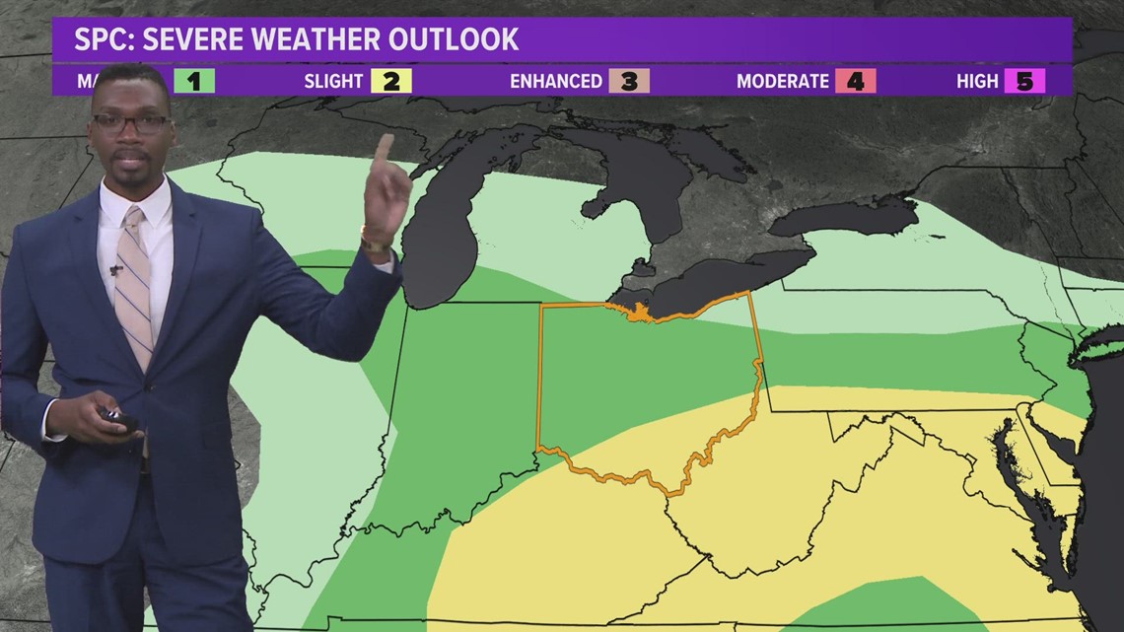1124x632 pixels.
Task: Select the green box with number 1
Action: [194, 81]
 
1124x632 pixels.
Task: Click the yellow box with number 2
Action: [390, 81]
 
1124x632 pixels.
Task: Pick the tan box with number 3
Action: [629, 81]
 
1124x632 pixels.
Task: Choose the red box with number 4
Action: [855, 81]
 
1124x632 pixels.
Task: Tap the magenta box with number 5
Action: [1024, 81]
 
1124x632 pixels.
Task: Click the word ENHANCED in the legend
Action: [555, 81]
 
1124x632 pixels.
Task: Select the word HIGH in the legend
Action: [977, 81]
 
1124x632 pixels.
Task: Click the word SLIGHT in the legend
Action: [333, 81]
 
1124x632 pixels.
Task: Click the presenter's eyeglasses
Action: [130, 124]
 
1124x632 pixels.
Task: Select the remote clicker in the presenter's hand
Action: [118, 418]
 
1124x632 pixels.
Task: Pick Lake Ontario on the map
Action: [843, 217]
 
